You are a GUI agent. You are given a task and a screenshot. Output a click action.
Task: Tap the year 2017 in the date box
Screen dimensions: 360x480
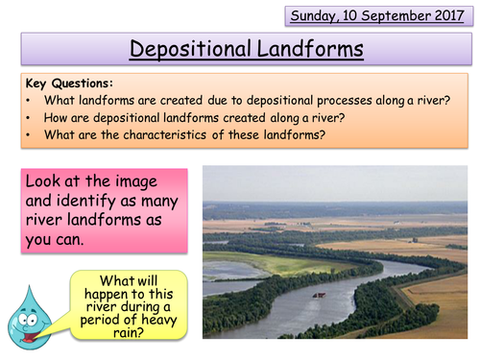tap(449, 16)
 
